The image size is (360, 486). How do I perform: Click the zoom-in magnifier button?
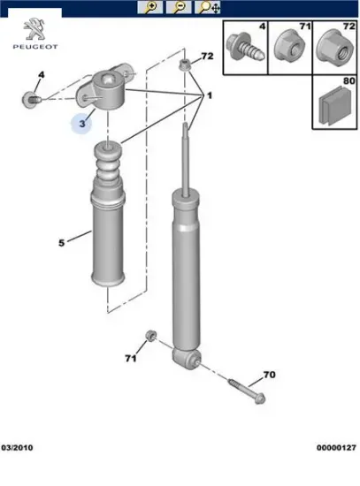click(150, 7)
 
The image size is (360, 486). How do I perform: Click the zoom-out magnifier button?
click(179, 7)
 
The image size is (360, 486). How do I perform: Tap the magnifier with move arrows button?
click(207, 7)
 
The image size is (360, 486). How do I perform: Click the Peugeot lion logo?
click(34, 29)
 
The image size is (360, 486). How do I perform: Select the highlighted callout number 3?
click(81, 124)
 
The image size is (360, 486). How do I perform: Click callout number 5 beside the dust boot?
click(61, 243)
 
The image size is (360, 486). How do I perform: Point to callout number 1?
click(210, 95)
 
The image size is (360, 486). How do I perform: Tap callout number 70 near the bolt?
click(269, 375)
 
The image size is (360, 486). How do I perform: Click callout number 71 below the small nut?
click(131, 358)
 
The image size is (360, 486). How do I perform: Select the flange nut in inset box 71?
click(288, 46)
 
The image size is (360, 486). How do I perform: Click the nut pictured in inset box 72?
click(335, 47)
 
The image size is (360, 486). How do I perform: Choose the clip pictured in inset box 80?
click(334, 105)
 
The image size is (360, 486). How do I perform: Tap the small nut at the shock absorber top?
click(184, 65)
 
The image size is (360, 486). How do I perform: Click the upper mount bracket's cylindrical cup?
click(110, 89)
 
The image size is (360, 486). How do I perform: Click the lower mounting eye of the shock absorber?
click(187, 359)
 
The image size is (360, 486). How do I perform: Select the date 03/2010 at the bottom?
click(17, 448)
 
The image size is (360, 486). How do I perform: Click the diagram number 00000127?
click(336, 448)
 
